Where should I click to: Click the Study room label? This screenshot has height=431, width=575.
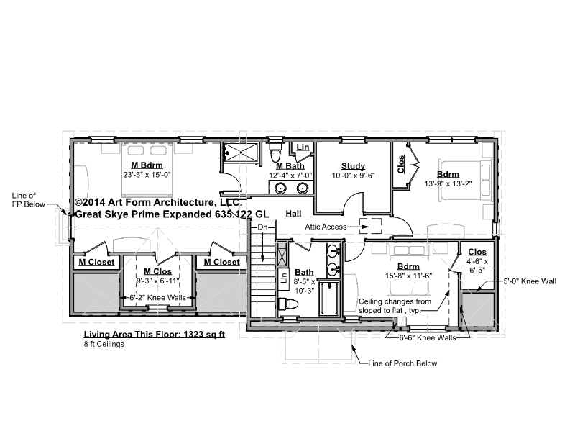(x=353, y=166)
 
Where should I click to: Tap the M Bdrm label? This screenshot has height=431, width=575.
(x=147, y=165)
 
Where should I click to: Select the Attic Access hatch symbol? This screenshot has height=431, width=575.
(x=370, y=226)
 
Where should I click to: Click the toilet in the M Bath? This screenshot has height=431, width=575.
(x=275, y=152)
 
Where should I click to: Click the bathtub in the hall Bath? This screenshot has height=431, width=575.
(x=328, y=298)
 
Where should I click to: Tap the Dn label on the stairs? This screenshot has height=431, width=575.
(x=262, y=227)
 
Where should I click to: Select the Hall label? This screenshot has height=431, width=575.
(x=293, y=214)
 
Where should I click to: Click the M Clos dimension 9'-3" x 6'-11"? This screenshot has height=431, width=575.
(x=157, y=281)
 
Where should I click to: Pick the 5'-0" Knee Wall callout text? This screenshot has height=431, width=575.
(x=530, y=281)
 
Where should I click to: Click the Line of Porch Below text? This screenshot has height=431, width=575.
(x=402, y=363)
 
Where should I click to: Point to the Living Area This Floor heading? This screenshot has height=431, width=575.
(x=155, y=335)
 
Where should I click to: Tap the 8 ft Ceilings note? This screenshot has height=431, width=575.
(x=104, y=345)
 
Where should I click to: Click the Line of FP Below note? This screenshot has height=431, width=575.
(x=29, y=200)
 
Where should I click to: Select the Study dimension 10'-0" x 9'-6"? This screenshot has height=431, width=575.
(x=353, y=176)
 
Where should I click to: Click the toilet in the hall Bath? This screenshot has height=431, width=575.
(x=289, y=304)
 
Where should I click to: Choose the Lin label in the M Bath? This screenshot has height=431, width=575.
(x=303, y=148)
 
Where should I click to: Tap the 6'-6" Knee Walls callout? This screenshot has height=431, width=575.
(x=428, y=337)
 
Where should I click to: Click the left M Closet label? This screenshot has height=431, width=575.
(x=96, y=262)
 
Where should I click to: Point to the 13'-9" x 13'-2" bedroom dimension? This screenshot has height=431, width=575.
(x=448, y=183)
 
